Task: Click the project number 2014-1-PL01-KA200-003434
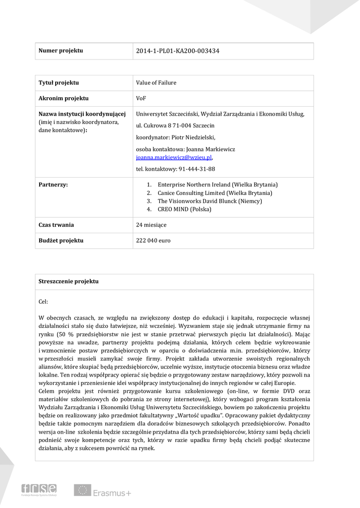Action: (177, 51)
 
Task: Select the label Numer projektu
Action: (61, 51)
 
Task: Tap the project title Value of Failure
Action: (156, 83)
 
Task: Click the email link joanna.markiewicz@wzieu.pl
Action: (174, 157)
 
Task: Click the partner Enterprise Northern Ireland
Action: (217, 185)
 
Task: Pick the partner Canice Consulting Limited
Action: (215, 193)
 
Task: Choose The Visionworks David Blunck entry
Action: (210, 201)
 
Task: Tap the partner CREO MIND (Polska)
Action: (184, 209)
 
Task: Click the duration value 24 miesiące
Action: (151, 225)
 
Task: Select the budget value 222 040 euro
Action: (153, 241)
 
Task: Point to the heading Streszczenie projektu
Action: (69, 281)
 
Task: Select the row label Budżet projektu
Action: (61, 241)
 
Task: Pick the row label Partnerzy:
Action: (53, 185)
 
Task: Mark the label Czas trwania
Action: (56, 225)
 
